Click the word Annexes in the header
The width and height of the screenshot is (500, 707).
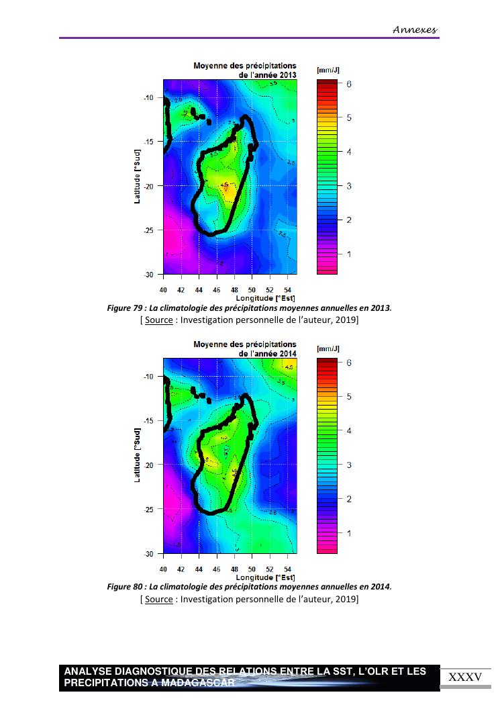click(x=414, y=30)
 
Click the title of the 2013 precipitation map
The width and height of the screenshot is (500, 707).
click(x=245, y=70)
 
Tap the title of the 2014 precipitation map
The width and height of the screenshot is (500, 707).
click(x=245, y=349)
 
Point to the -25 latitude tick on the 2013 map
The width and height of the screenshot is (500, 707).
click(x=148, y=230)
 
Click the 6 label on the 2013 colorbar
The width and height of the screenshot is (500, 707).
click(x=349, y=84)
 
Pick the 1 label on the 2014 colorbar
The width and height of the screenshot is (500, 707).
click(x=349, y=533)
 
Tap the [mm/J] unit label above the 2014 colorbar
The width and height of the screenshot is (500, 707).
click(x=328, y=348)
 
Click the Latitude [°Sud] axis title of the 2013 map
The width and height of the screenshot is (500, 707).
click(x=137, y=176)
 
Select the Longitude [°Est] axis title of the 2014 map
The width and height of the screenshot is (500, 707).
click(x=266, y=577)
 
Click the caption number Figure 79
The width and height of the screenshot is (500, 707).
click(x=125, y=308)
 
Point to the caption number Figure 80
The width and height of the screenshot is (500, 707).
click(x=125, y=587)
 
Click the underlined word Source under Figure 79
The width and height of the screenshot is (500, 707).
click(x=158, y=320)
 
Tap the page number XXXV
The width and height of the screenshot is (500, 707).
click(x=465, y=677)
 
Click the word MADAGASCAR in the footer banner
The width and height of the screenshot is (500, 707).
click(x=201, y=683)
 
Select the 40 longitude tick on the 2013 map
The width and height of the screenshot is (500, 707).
click(x=163, y=291)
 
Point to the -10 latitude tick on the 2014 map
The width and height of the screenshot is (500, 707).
click(x=148, y=377)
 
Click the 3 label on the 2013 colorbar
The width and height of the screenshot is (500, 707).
click(x=349, y=186)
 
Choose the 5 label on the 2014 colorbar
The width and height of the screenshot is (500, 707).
click(x=349, y=397)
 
